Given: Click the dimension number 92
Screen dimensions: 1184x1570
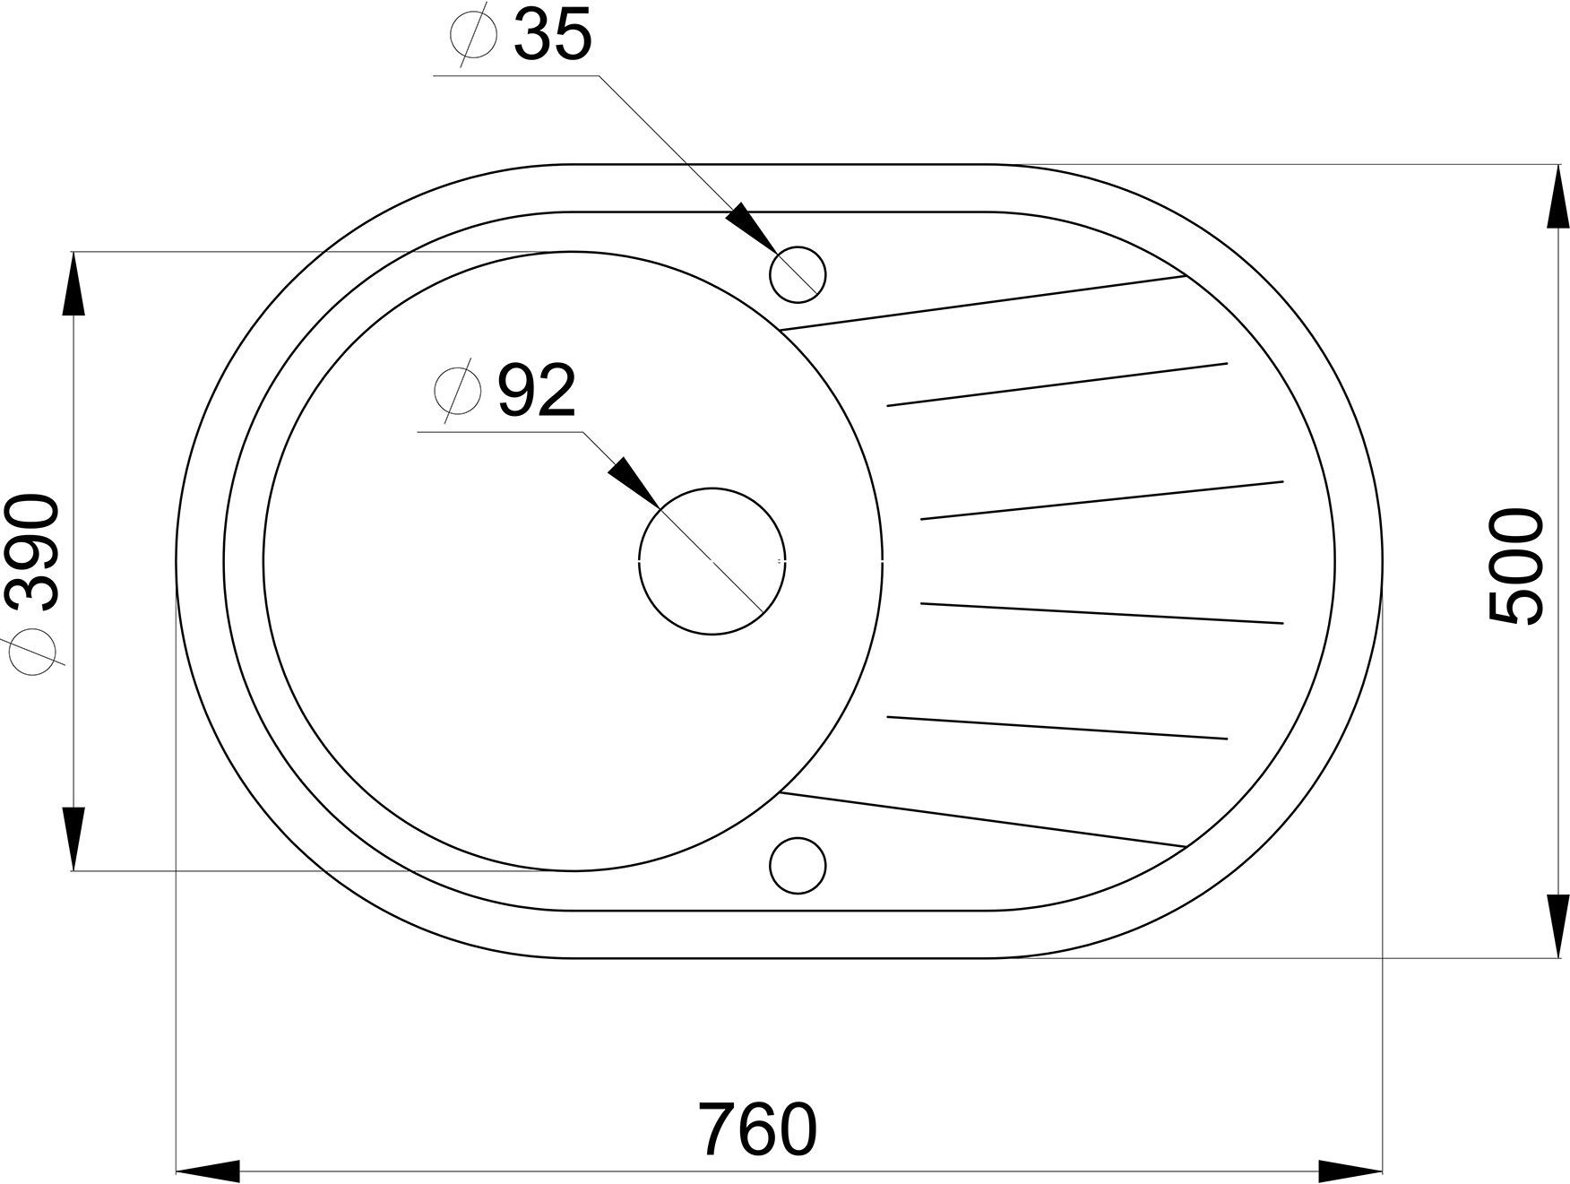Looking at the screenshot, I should coord(535,392).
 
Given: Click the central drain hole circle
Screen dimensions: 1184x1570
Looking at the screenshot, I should coord(712,561).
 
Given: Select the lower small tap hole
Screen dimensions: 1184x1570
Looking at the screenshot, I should coord(798,865).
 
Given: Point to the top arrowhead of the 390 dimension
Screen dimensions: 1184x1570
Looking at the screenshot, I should coord(73,282).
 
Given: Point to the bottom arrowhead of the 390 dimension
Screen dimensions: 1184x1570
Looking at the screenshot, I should coord(73,838).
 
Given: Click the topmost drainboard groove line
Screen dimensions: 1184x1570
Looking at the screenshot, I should coord(984,303).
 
